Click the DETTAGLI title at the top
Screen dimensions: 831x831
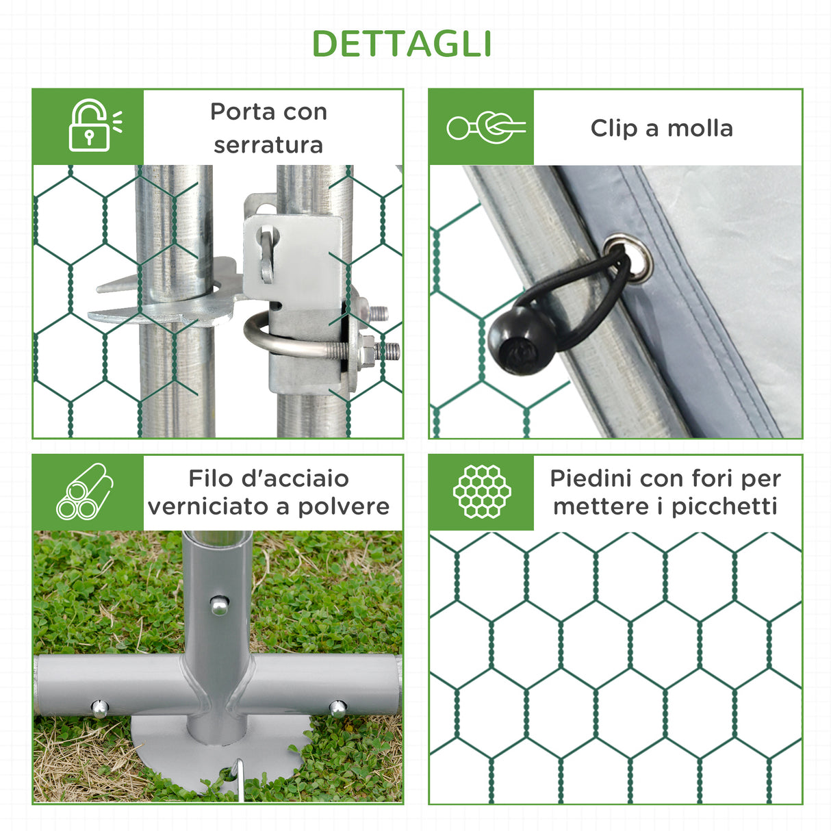click(x=402, y=44)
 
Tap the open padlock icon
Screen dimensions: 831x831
click(x=90, y=126)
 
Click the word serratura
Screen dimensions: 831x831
click(x=268, y=144)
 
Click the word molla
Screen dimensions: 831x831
click(x=700, y=128)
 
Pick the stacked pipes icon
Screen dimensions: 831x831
click(x=85, y=491)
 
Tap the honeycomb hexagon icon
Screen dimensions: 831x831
click(x=482, y=491)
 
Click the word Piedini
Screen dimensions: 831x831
click(x=591, y=478)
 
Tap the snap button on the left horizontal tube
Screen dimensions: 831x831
click(x=100, y=708)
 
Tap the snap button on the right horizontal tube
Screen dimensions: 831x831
click(x=337, y=707)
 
